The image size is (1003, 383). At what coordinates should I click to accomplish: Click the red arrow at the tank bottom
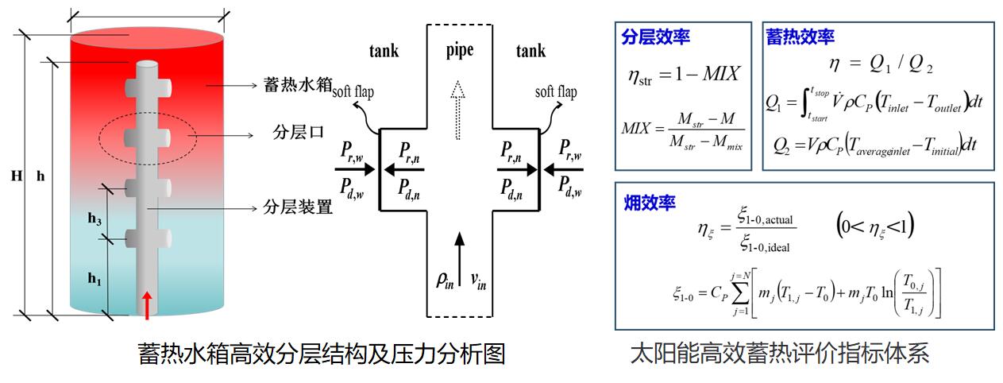coord(146,305)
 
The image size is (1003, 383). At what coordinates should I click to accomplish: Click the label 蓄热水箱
coord(298,84)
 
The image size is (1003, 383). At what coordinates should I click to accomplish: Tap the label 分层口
coord(299,132)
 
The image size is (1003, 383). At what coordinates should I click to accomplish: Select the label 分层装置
coord(298,207)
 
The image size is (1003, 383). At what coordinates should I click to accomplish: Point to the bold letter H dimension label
coord(17,176)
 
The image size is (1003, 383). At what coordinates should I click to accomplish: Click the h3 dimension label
coord(95,219)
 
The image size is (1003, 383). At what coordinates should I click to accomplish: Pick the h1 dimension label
coord(95,279)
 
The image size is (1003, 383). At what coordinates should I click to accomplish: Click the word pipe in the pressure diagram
coord(459,51)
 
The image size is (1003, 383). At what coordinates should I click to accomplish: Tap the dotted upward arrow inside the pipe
coord(457,110)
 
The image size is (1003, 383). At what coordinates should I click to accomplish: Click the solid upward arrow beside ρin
coord(459,259)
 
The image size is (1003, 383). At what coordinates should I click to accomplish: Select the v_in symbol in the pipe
coord(478,280)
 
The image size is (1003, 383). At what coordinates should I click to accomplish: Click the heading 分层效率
coord(655,37)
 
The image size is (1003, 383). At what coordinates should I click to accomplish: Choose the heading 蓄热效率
coord(800,37)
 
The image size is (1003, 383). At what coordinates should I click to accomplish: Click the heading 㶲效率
coord(650,203)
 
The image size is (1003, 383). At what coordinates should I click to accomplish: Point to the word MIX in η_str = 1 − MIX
coord(721,74)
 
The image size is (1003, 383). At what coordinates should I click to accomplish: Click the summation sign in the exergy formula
coord(740,294)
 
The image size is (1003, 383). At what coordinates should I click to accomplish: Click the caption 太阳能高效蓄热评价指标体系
coord(780,354)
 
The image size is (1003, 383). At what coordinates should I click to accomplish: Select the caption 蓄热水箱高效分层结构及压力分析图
coord(322,354)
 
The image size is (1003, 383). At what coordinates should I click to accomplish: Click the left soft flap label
coord(353,92)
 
